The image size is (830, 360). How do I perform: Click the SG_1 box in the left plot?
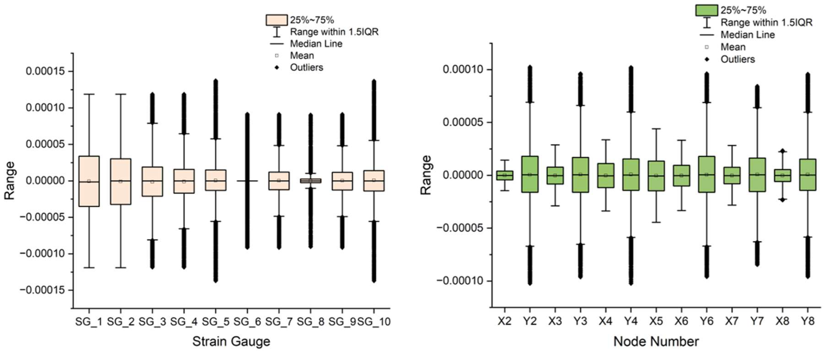[x=89, y=181]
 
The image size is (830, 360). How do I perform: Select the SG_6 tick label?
[x=247, y=322]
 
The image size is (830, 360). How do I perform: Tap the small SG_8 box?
[x=311, y=181]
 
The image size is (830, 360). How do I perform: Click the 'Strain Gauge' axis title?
[x=231, y=341]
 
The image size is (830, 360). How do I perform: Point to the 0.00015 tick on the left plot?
[x=49, y=71]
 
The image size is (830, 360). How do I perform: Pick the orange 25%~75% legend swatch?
[x=277, y=20]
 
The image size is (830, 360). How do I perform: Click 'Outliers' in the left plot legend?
[x=306, y=67]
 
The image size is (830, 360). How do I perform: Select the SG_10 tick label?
[x=374, y=322]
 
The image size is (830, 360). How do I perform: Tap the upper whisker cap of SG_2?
[x=121, y=94]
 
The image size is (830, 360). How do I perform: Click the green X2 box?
[x=505, y=175]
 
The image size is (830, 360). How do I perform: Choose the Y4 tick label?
[x=631, y=321]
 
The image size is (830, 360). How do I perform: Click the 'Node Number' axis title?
[x=656, y=341]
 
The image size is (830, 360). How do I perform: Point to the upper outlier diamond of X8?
[x=782, y=151]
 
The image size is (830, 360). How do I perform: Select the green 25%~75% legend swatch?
[x=706, y=10]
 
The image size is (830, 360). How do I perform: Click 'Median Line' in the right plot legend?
[x=748, y=35]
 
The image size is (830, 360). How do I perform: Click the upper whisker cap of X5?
[x=656, y=129]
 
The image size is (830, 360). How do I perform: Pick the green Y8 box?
[x=807, y=175]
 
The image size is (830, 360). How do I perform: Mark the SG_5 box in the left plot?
[x=215, y=180]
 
